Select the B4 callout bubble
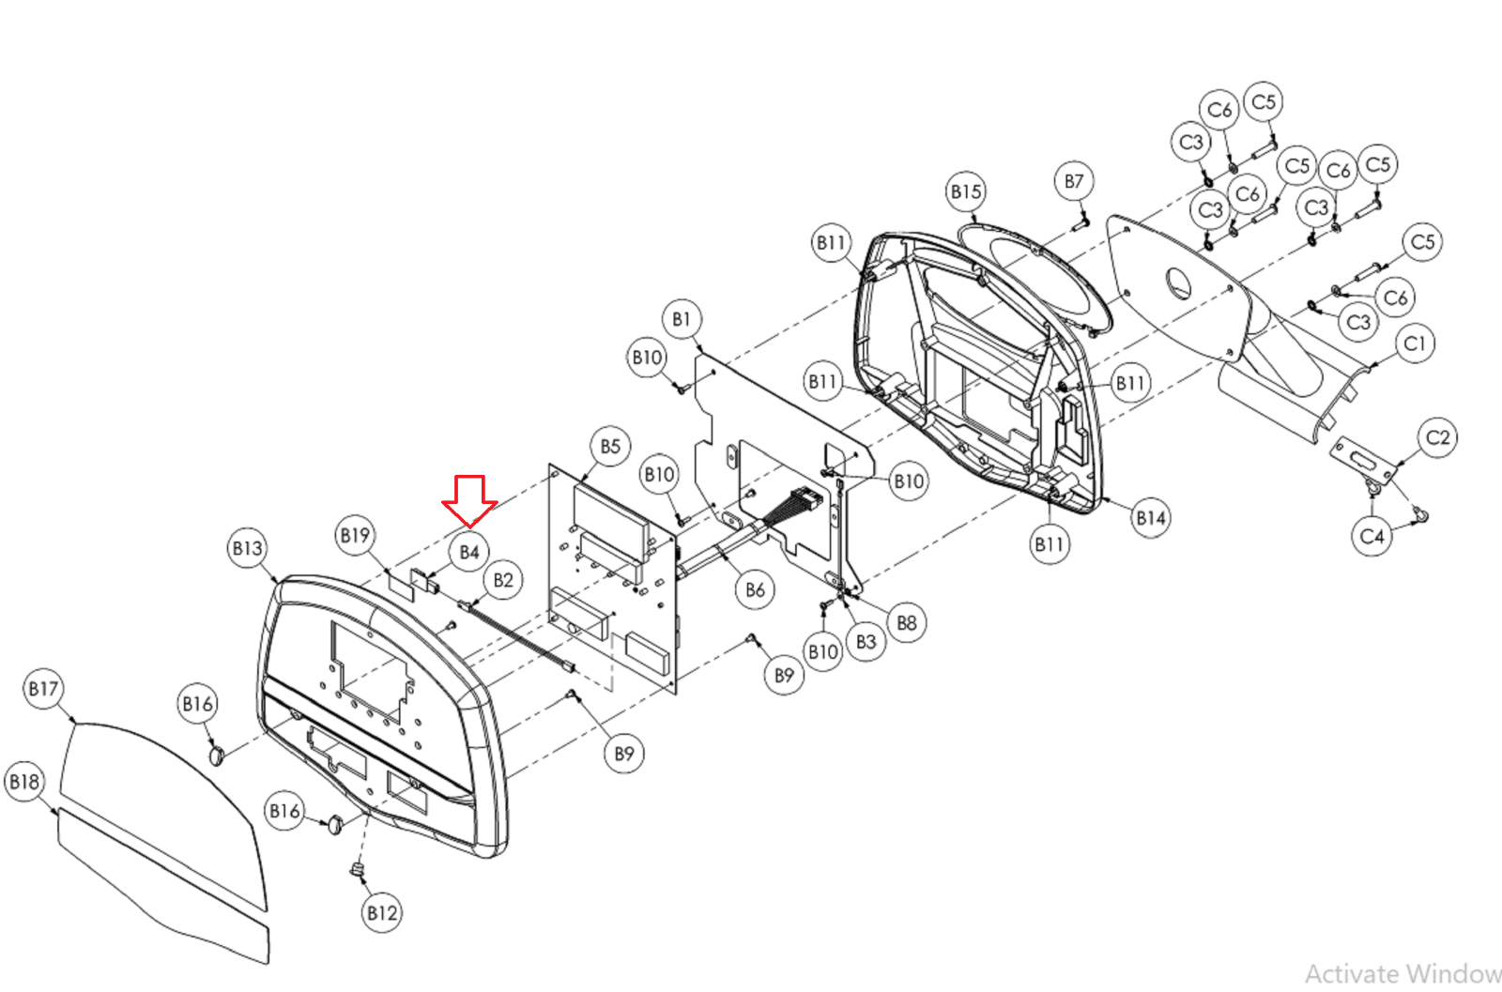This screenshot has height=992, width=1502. (469, 552)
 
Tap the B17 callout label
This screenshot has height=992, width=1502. (43, 689)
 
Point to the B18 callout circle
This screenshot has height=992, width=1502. (24, 781)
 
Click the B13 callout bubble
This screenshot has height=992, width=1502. (248, 547)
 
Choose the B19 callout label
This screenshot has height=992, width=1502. (355, 535)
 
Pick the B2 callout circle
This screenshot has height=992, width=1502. (503, 579)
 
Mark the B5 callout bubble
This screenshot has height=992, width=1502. (610, 446)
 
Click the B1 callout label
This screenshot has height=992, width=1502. (682, 319)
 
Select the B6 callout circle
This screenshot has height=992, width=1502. (755, 589)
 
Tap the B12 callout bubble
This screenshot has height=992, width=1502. (382, 912)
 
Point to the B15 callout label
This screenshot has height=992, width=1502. (966, 191)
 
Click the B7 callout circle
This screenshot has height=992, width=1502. (1074, 181)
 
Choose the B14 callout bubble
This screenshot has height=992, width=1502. (1151, 517)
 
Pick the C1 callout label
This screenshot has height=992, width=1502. (1415, 343)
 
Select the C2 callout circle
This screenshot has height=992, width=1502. (1437, 437)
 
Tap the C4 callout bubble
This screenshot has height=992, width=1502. (1372, 536)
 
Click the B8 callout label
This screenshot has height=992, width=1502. (906, 622)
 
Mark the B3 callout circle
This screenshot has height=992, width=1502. (866, 642)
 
